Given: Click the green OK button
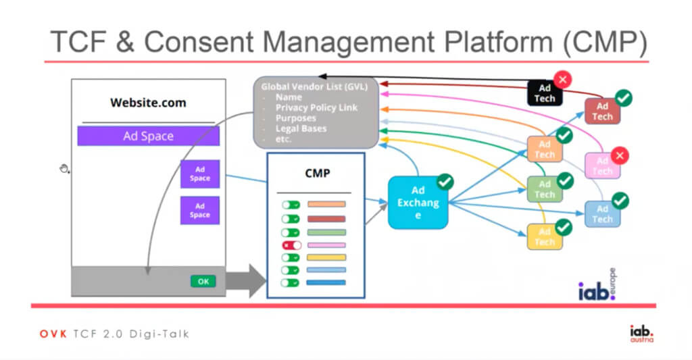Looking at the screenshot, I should [203, 282].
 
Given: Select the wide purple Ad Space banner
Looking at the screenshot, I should [148, 136].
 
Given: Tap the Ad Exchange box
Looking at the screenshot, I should [418, 202].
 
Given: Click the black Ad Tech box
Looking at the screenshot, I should [545, 93].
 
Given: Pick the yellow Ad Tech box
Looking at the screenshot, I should [545, 236].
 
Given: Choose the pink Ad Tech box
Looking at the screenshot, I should [601, 165].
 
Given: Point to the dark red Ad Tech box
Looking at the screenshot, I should [602, 111].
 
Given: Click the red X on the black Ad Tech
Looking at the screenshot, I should [562, 78].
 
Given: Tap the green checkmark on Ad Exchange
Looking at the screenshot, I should [445, 181].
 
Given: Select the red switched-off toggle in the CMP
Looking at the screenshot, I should [291, 245].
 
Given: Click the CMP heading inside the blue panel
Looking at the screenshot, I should [317, 174].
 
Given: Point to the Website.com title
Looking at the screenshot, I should [148, 103].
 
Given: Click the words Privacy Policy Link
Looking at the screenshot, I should [316, 108].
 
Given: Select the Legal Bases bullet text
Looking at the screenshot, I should [301, 128].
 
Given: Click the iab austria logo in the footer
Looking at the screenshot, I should [641, 333].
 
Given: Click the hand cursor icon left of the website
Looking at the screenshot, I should [65, 168].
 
